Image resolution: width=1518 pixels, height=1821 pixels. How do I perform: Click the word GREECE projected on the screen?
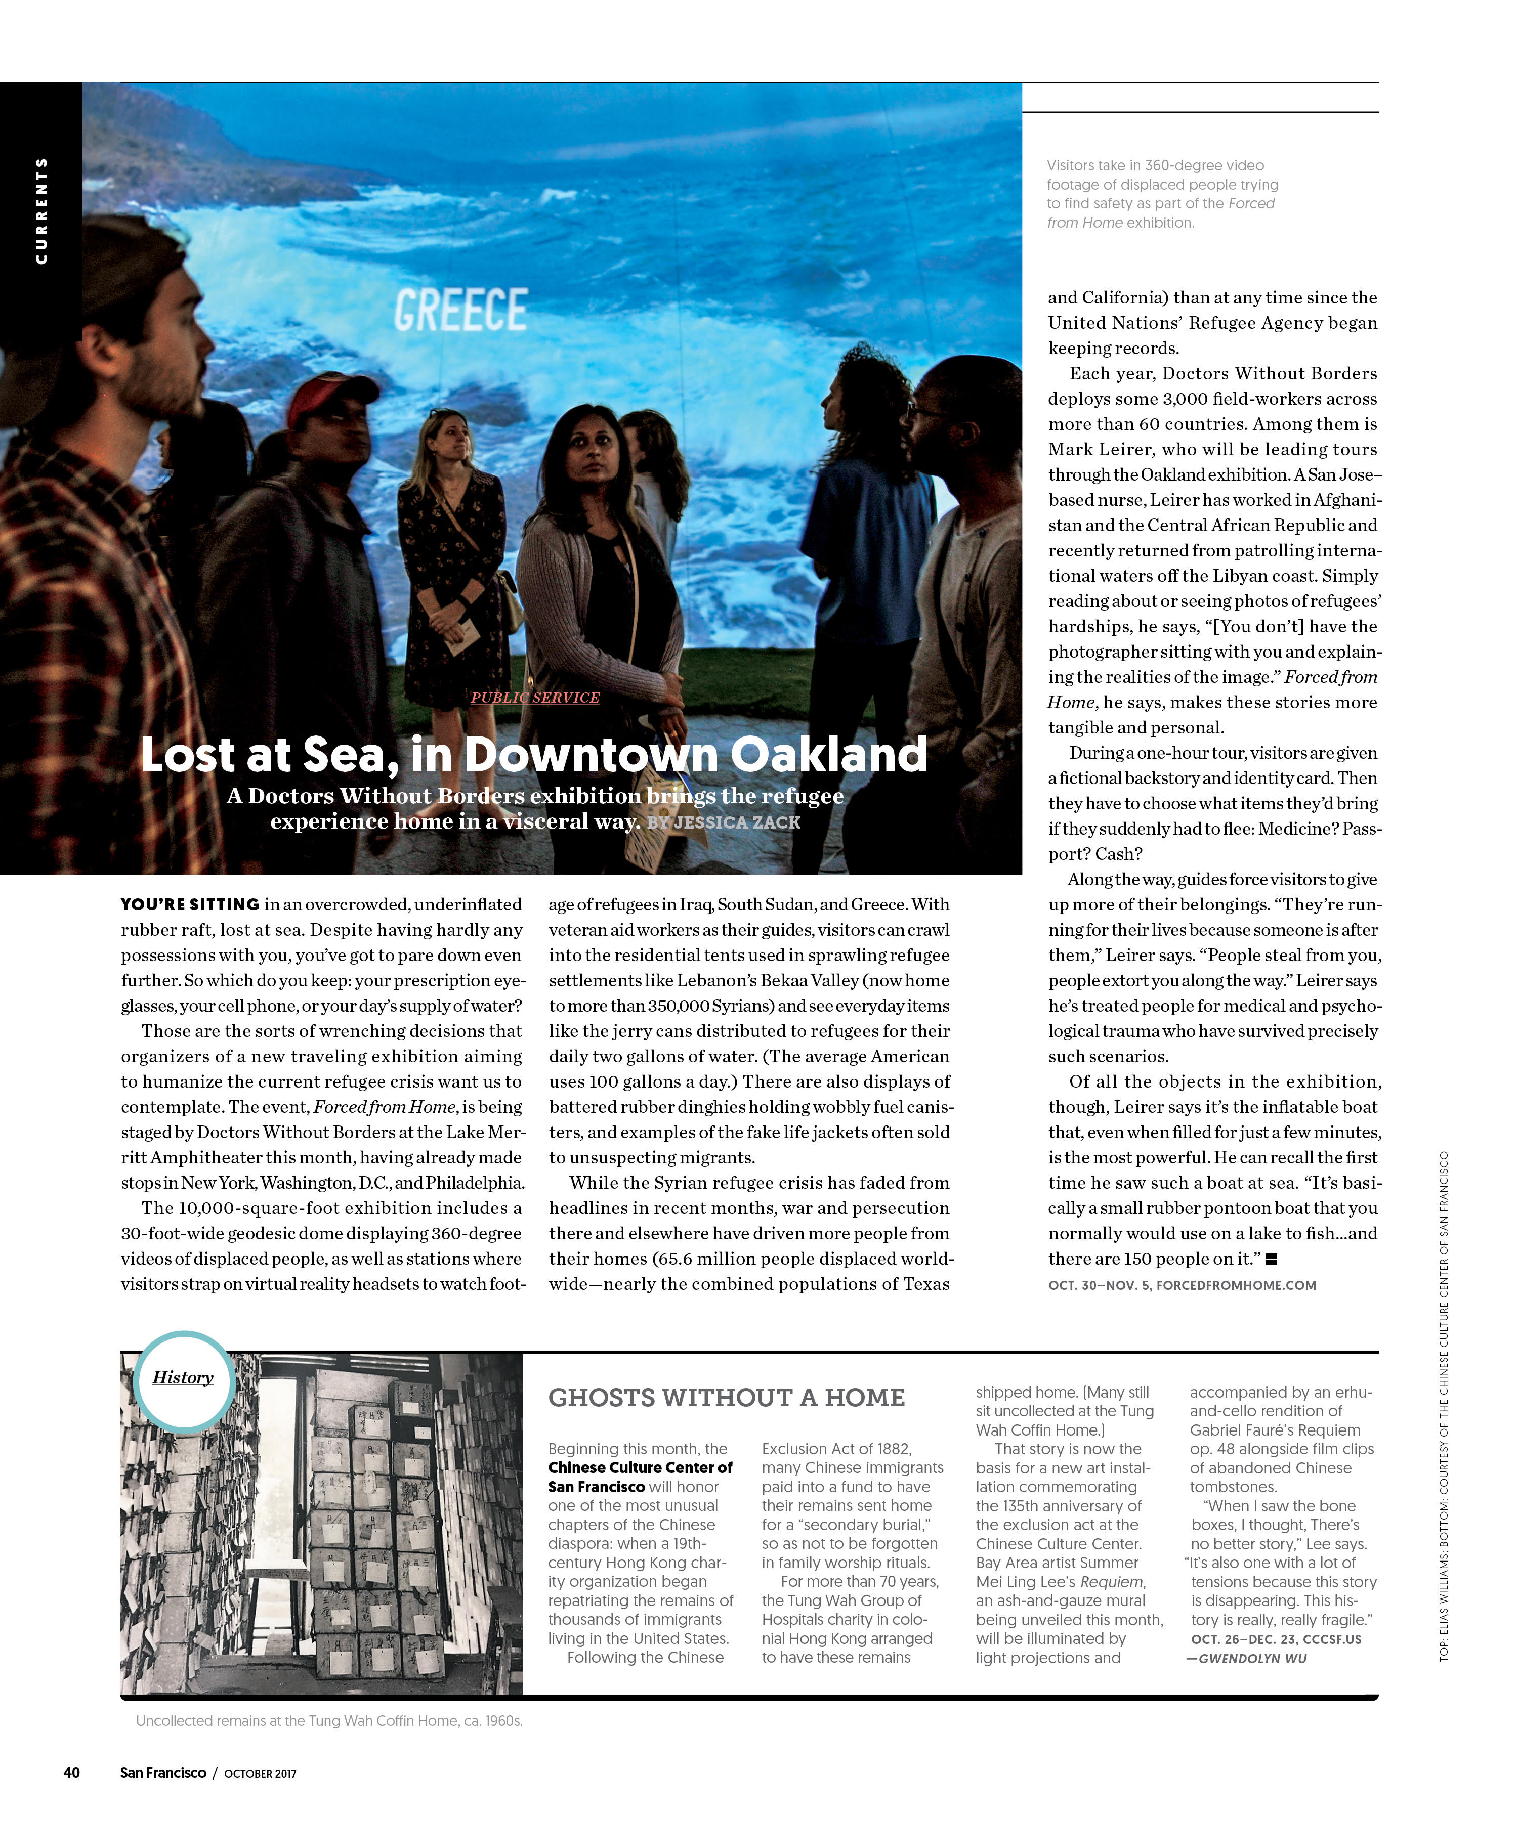pos(460,311)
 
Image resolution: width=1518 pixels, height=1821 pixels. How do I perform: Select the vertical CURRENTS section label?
pos(41,211)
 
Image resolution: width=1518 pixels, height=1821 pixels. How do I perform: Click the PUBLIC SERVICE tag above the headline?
pos(535,697)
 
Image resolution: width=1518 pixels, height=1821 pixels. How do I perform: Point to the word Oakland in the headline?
pos(828,754)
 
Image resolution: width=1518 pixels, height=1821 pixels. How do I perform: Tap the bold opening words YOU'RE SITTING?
pos(190,904)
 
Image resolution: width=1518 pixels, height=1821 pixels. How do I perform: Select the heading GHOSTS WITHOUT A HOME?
pos(726,1398)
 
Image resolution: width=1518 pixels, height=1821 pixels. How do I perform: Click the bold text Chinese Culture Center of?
pos(640,1467)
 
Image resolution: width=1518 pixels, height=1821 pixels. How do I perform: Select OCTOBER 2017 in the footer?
pos(260,1773)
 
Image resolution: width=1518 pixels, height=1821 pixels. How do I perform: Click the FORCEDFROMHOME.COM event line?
pos(1182,1285)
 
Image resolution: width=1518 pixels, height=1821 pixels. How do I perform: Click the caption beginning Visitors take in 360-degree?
pos(1161,193)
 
